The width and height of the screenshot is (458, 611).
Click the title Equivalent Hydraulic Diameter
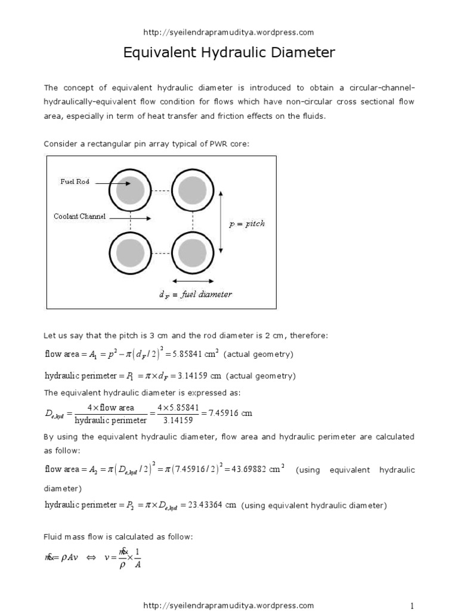pyautogui.click(x=229, y=53)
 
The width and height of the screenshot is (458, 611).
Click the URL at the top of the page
pyautogui.click(x=229, y=32)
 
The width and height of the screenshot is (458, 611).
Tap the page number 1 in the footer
pyautogui.click(x=411, y=605)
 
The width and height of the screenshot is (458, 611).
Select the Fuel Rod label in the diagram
pyautogui.click(x=75, y=181)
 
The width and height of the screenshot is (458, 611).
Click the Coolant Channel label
pyautogui.click(x=79, y=217)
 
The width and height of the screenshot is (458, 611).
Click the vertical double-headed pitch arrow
pyautogui.click(x=221, y=222)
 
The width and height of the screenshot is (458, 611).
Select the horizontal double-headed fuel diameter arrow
pyautogui.click(x=192, y=280)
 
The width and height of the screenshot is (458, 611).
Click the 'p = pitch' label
pyautogui.click(x=247, y=224)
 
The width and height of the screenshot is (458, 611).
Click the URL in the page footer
pyautogui.click(x=229, y=605)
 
